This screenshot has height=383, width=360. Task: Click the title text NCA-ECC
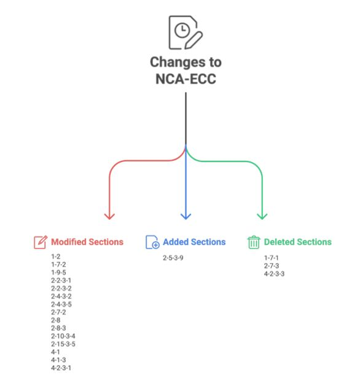[186, 79]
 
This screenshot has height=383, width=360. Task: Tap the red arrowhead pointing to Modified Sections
[109, 216]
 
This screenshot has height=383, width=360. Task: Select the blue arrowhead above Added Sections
[186, 216]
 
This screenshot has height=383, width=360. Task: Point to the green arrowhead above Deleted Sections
[262, 216]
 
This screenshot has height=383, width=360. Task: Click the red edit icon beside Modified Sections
[41, 242]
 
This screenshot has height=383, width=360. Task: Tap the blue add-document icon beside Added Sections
[152, 242]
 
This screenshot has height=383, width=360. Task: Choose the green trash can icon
[254, 242]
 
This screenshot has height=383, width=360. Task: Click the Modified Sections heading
[87, 242]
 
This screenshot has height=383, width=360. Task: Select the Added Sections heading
[194, 242]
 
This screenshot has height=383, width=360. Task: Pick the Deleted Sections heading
[298, 242]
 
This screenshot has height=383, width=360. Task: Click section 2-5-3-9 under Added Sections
[173, 258]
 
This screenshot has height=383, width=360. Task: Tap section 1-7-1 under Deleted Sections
[272, 258]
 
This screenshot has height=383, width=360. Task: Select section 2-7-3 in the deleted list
[272, 266]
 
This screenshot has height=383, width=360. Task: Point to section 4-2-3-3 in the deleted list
[274, 274]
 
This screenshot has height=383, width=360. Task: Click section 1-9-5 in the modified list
[58, 273]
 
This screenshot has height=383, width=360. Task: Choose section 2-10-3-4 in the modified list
[63, 336]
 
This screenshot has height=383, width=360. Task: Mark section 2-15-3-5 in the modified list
[63, 344]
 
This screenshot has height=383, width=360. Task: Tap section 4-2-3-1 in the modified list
[61, 368]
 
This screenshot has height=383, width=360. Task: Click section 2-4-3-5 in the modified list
[61, 304]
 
